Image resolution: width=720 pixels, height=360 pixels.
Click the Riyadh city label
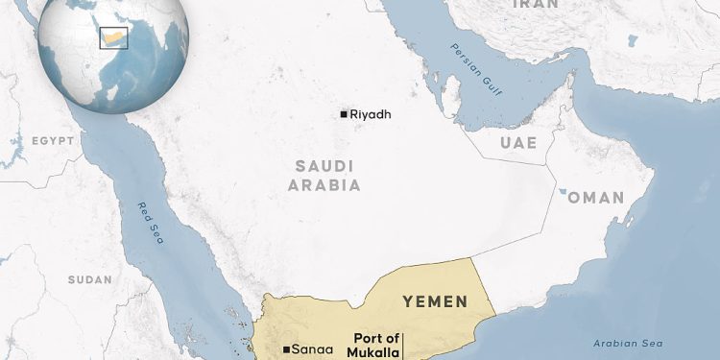pyautogui.click(x=372, y=115)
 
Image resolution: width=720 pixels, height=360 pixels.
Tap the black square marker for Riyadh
pyautogui.click(x=344, y=115)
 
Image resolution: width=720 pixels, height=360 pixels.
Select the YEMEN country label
pyautogui.click(x=435, y=301)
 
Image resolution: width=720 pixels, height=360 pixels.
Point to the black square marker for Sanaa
pyautogui.click(x=287, y=349)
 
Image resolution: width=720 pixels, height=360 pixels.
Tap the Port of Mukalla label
pyautogui.click(x=376, y=345)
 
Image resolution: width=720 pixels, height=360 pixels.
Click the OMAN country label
pyautogui.click(x=596, y=198)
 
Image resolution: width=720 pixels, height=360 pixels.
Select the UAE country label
pyautogui.click(x=517, y=144)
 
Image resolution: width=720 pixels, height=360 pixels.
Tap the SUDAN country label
pyautogui.click(x=90, y=279)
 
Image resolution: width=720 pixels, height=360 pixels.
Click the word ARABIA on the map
pyautogui.click(x=324, y=185)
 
